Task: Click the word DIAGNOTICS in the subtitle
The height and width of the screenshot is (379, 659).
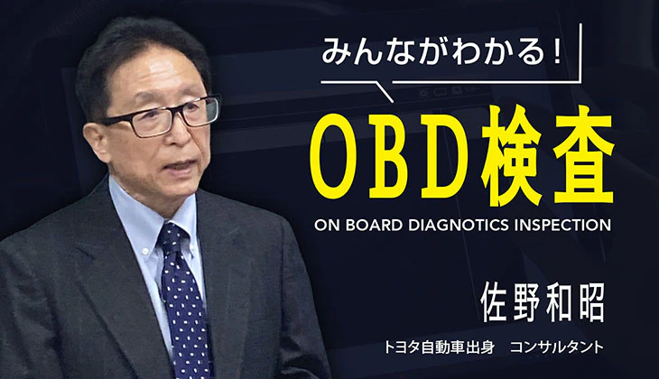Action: pyautogui.click(x=459, y=226)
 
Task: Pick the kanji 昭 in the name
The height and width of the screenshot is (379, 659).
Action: pyautogui.click(x=591, y=302)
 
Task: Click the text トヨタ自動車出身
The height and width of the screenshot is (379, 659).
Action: pyautogui.click(x=439, y=348)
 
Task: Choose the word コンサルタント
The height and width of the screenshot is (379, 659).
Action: pyautogui.click(x=557, y=348)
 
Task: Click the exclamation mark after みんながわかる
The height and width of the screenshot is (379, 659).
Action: pyautogui.click(x=558, y=51)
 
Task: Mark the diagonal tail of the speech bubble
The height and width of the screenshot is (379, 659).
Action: pyautogui.click(x=384, y=92)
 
